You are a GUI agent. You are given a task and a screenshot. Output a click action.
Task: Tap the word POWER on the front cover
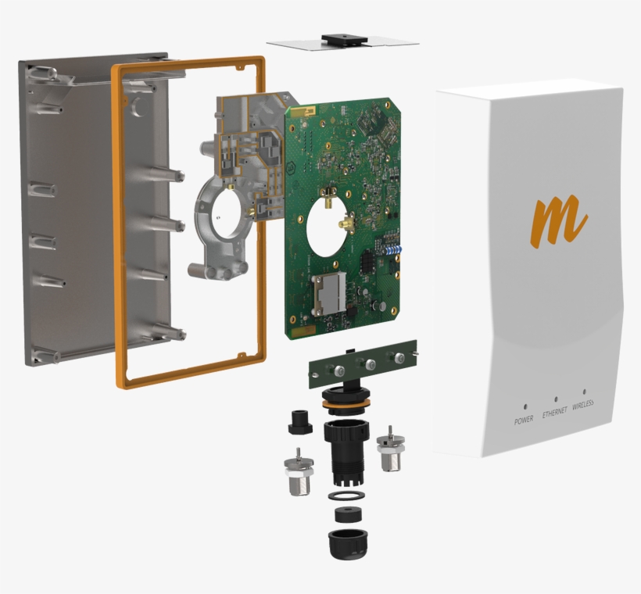point(524,420)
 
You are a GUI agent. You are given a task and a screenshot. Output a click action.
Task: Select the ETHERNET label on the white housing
point(554,412)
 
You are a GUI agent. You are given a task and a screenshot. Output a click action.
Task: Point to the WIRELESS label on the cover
point(583,405)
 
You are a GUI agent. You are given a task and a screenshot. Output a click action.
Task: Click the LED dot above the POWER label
point(525,407)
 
